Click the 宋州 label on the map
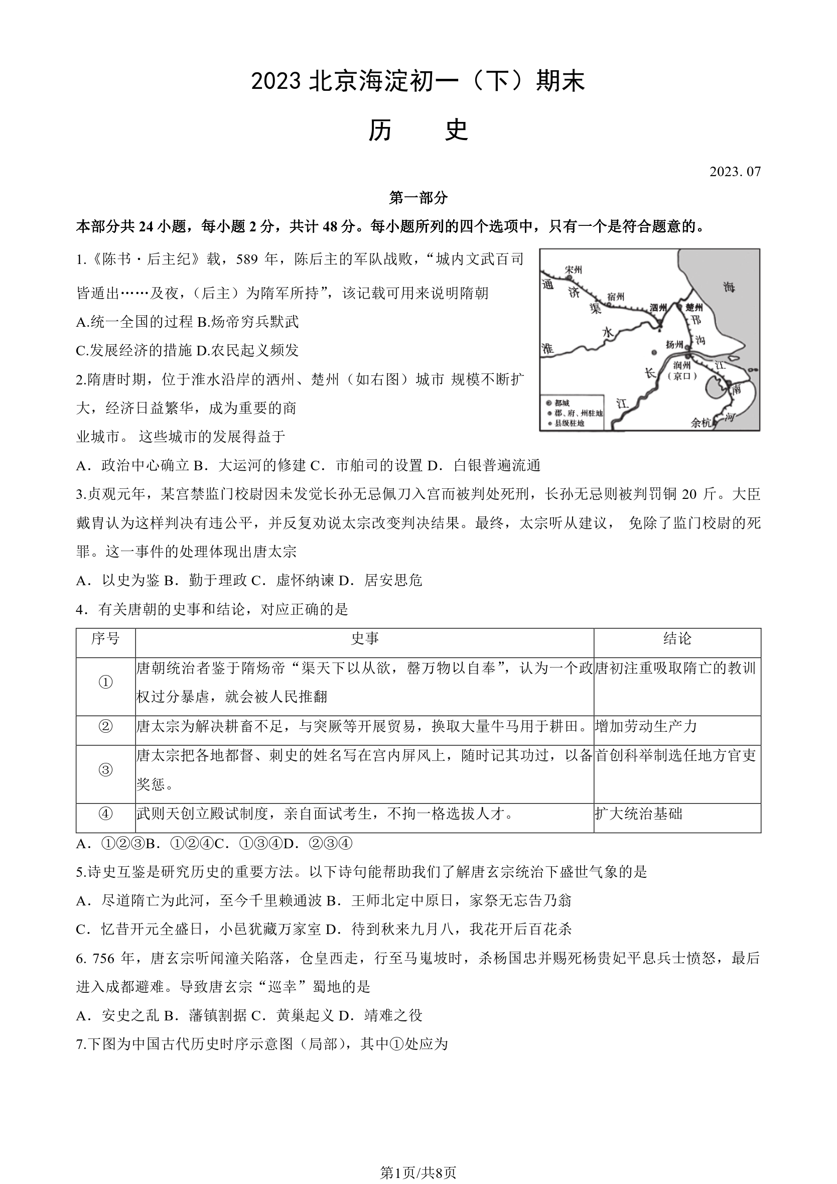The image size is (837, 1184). click(x=574, y=270)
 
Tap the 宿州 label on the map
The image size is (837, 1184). click(x=615, y=297)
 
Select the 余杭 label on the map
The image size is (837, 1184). click(x=701, y=423)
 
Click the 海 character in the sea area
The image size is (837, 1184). click(x=728, y=287)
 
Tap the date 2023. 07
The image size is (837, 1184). click(x=734, y=172)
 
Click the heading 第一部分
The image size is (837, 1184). click(x=418, y=198)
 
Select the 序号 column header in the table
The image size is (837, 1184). click(x=106, y=639)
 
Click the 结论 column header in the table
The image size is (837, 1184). click(x=676, y=639)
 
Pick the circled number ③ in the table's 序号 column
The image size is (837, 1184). click(x=106, y=770)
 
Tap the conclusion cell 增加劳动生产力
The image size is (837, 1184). click(x=646, y=727)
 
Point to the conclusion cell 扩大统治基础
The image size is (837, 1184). click(x=639, y=814)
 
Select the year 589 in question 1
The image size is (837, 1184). click(x=247, y=259)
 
